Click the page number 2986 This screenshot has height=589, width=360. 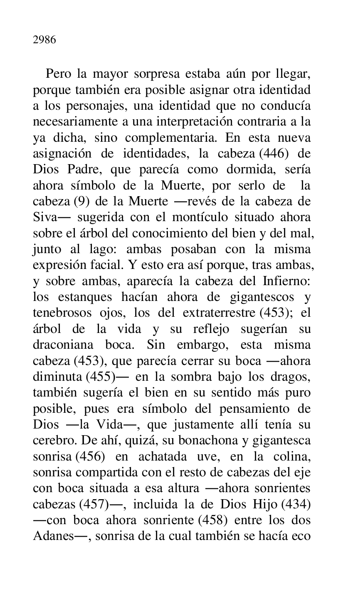point(44,40)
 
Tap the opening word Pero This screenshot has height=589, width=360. point(57,74)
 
